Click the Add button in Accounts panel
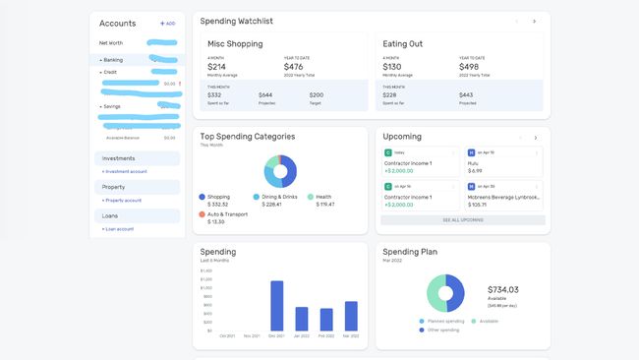[167, 24]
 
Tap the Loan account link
[118, 228]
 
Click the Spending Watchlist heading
[236, 21]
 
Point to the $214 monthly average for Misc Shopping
[217, 67]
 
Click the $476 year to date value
[294, 67]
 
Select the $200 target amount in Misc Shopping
[316, 95]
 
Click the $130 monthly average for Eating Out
[392, 67]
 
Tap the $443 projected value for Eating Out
[466, 95]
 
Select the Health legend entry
[323, 197]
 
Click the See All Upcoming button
[462, 220]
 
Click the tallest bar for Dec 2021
[276, 306]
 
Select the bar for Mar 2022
[351, 316]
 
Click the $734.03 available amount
[502, 289]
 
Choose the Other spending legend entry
[439, 330]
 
